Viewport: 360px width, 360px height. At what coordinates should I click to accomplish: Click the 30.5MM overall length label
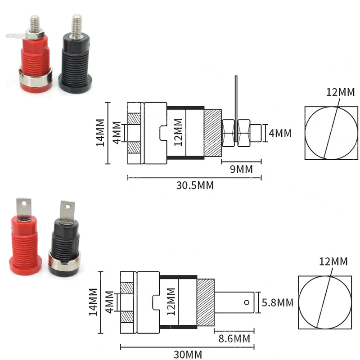click(x=194, y=185)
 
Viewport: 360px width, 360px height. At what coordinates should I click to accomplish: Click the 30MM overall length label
click(x=188, y=354)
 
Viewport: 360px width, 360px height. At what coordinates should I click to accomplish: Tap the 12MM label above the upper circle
click(x=341, y=93)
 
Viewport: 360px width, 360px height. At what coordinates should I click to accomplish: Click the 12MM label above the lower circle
click(x=333, y=261)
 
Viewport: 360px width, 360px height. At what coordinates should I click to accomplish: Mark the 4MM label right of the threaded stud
click(x=280, y=133)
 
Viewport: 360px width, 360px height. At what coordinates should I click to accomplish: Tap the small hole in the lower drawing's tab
click(x=247, y=302)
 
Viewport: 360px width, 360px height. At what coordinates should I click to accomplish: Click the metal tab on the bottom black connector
click(x=67, y=211)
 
